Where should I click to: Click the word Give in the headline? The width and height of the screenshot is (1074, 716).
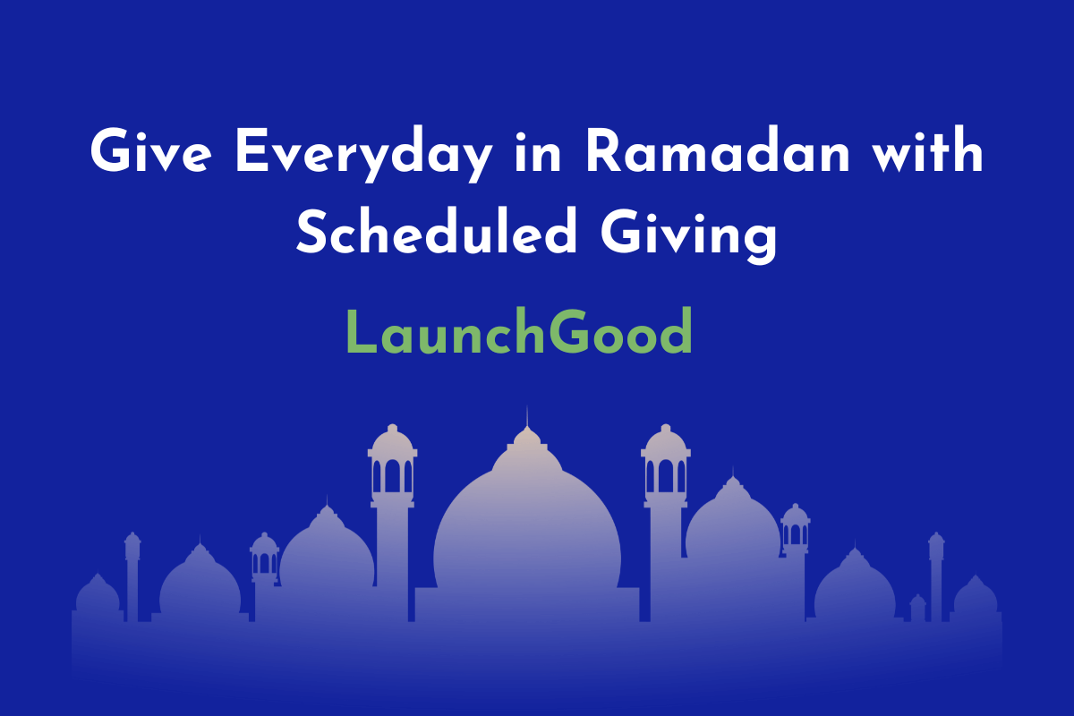150,149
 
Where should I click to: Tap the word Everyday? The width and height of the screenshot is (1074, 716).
364,154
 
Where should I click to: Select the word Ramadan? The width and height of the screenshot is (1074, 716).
718,149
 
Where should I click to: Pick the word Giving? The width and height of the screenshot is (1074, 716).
689,236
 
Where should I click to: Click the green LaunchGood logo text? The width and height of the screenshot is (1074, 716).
519,331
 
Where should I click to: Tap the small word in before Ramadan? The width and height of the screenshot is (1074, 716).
538,149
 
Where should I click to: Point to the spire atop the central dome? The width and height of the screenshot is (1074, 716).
527,416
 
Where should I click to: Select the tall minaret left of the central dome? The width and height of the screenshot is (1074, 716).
392,523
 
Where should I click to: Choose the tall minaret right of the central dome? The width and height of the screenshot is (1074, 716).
666,523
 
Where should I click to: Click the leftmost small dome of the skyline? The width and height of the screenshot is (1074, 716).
98,593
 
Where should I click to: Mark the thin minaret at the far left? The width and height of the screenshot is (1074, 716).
132,576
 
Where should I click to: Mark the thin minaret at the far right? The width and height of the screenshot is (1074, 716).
936,576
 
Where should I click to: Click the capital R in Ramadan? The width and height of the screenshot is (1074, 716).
605,150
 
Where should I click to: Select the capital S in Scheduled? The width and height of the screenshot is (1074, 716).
312,231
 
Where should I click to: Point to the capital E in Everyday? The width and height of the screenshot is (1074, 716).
251,150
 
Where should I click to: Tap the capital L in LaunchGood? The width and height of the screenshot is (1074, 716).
361,331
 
